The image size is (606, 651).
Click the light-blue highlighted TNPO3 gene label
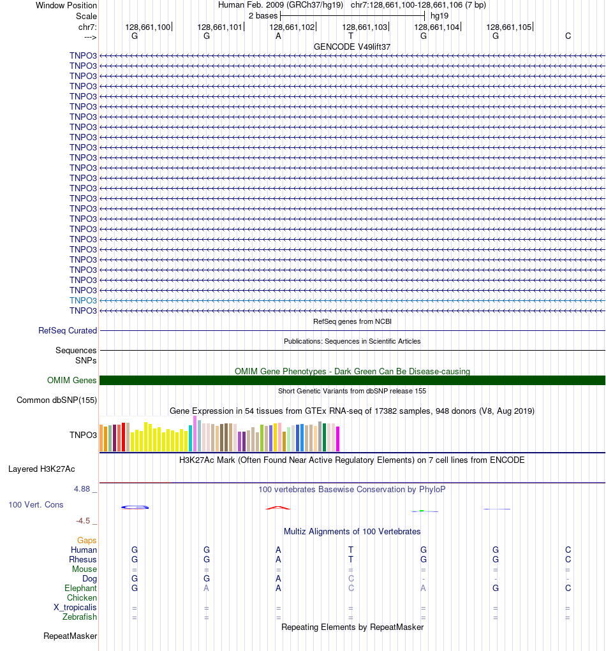coord(83,300)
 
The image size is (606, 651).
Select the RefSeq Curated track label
coord(68,331)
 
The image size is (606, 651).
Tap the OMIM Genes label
coord(72,381)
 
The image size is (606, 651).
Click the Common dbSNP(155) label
coord(57,400)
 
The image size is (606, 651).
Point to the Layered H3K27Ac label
coord(41,469)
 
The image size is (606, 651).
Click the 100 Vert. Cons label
coord(36,505)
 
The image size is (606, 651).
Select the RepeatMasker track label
coord(70,636)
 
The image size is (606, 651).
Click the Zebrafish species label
coord(80,617)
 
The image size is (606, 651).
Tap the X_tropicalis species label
coord(75,608)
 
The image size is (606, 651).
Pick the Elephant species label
coord(80,589)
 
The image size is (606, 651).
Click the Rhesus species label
coord(83,560)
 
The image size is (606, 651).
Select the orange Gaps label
coord(87,541)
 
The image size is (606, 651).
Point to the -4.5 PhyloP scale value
coord(84,521)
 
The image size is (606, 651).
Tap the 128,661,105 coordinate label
coord(509,27)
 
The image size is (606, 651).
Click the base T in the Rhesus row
coord(351,560)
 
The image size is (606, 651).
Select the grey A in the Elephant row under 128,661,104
coord(423,589)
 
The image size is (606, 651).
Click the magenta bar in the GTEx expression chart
coord(338,439)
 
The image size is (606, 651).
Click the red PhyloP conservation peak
coord(278,508)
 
